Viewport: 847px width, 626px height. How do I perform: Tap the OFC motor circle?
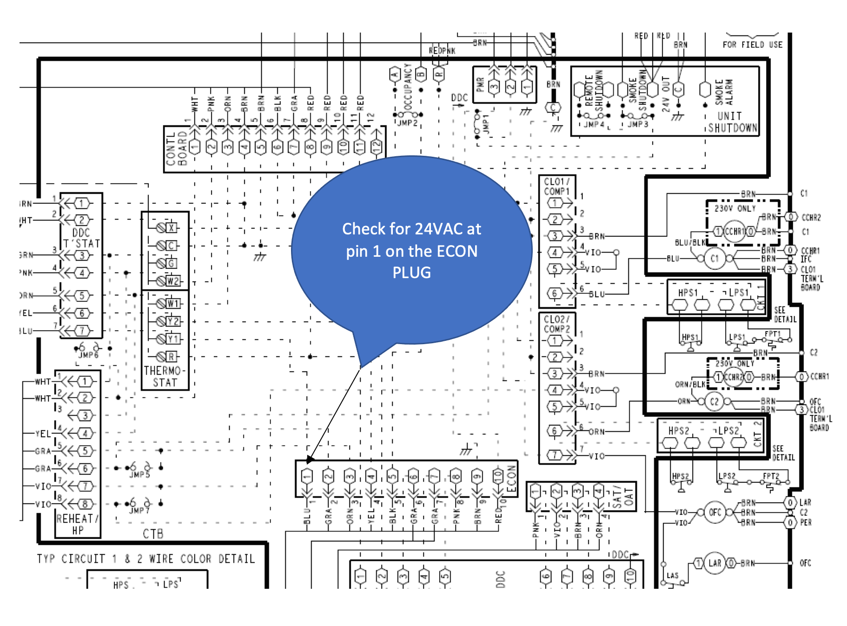pyautogui.click(x=715, y=513)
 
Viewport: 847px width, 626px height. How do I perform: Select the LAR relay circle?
pyautogui.click(x=715, y=563)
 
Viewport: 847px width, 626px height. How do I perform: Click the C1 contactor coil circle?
pyautogui.click(x=714, y=258)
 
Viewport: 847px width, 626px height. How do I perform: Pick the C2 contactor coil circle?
pyautogui.click(x=714, y=401)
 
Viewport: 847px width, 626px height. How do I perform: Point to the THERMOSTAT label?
pyautogui.click(x=165, y=377)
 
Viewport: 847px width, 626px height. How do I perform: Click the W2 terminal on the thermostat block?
pyautogui.click(x=172, y=281)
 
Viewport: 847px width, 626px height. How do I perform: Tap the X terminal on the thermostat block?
pyautogui.click(x=172, y=227)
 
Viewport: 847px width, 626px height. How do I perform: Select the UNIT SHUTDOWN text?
pyautogui.click(x=732, y=122)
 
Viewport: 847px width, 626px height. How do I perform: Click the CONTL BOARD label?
pyautogui.click(x=176, y=148)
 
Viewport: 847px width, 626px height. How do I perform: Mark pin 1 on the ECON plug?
pyautogui.click(x=307, y=476)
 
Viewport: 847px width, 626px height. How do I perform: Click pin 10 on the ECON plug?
pyautogui.click(x=498, y=476)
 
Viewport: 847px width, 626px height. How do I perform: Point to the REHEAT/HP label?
pyautogui.click(x=77, y=524)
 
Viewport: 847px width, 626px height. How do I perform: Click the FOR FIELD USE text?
pyautogui.click(x=752, y=45)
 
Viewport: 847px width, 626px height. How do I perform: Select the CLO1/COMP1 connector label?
pyautogui.click(x=557, y=186)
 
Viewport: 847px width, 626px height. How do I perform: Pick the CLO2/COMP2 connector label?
pyautogui.click(x=557, y=324)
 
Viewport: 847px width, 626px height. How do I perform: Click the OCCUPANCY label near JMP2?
pyautogui.click(x=408, y=86)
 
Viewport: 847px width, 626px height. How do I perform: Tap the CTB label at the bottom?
pyautogui.click(x=153, y=534)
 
